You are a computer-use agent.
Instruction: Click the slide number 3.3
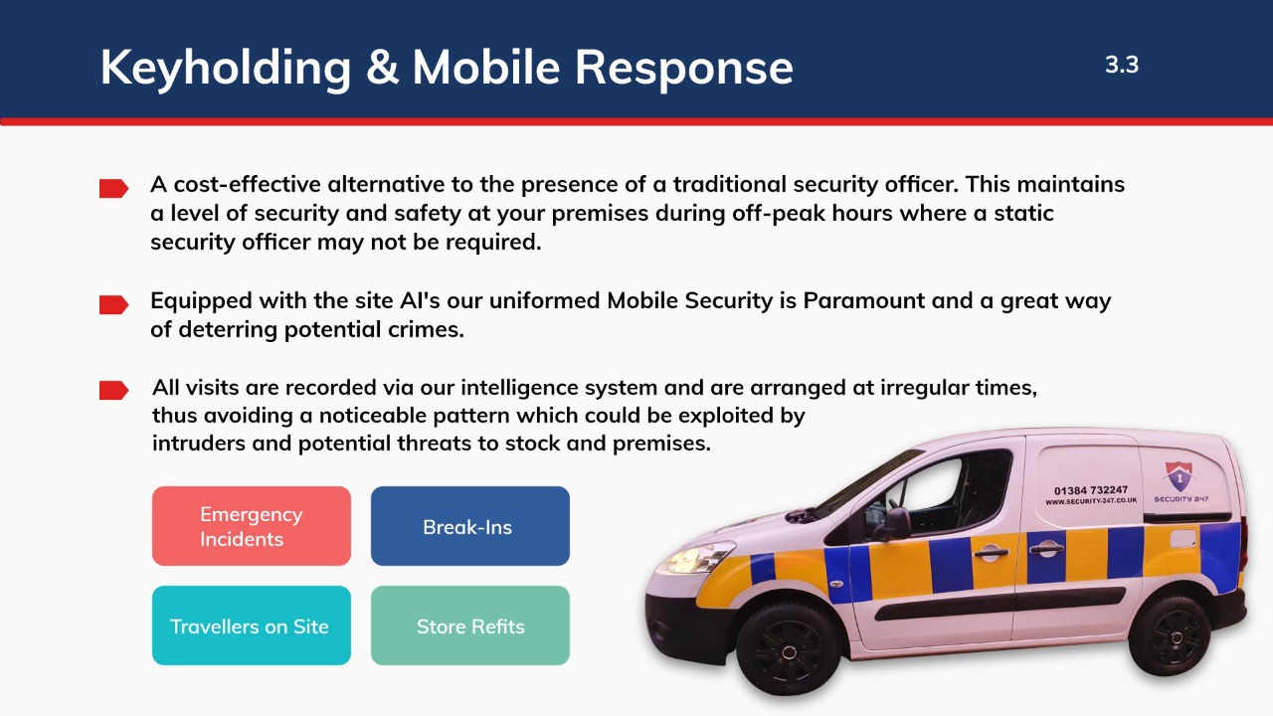coord(1122,65)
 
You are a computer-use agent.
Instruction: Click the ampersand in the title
coord(382,67)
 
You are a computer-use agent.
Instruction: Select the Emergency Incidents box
coord(252,526)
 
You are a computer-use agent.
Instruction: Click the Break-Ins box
coord(470,526)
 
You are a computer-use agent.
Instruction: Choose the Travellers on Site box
coord(252,626)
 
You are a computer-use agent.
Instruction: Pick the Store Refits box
coord(470,626)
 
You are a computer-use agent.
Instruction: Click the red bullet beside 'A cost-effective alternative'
coord(113,188)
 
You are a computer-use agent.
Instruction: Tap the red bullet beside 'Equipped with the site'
coord(113,304)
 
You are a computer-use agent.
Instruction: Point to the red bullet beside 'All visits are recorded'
coord(113,391)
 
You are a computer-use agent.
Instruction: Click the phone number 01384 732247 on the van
coord(1091,490)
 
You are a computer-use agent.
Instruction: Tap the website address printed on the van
coord(1091,501)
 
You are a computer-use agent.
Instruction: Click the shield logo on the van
coord(1180,476)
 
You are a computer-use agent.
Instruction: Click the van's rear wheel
coord(1171,635)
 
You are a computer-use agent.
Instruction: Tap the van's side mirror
coord(893,524)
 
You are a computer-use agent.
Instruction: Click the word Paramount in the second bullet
coord(864,300)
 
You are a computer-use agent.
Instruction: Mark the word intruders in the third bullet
coord(198,444)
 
